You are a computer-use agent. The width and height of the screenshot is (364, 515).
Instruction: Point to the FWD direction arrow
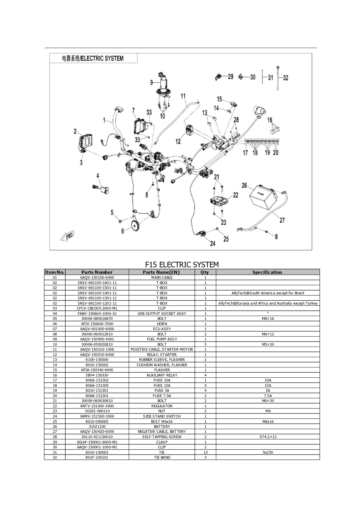[68, 236]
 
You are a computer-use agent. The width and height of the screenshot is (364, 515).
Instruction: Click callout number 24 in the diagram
[213, 243]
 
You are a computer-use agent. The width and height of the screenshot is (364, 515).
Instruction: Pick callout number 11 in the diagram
[183, 96]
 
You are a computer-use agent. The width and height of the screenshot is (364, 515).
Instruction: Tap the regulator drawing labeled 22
[219, 201]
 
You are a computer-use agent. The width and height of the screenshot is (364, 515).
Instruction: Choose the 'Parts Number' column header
[97, 272]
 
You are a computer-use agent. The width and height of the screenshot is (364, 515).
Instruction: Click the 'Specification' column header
[267, 272]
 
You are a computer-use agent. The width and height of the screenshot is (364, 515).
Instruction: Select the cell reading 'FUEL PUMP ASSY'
[162, 339]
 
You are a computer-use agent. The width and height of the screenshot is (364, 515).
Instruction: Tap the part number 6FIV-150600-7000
[97, 324]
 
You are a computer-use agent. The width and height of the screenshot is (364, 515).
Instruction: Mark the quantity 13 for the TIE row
[205, 452]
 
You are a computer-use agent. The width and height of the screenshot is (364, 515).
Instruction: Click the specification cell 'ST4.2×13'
[268, 437]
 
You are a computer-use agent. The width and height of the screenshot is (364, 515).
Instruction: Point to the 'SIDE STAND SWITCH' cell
[162, 416]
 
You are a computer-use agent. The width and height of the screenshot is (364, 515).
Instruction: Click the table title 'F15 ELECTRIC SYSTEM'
[182, 264]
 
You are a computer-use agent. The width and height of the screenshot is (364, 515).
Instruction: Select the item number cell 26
[55, 426]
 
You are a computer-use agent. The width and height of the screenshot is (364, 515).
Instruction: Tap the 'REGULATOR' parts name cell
[162, 406]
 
